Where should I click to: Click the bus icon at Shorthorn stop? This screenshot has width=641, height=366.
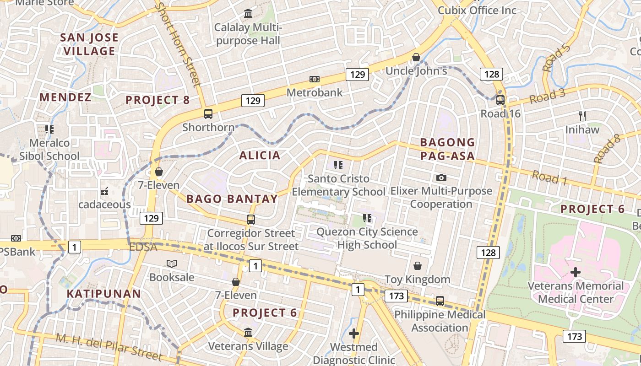pos(208,114)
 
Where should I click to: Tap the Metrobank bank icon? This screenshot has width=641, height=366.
pos(315,79)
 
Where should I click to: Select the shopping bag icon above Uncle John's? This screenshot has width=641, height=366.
pos(416,57)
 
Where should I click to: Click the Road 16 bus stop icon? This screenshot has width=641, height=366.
pos(500,100)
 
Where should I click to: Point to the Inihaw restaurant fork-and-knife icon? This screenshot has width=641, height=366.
pos(582,116)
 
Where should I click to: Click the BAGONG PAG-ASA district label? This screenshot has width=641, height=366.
pos(447,149)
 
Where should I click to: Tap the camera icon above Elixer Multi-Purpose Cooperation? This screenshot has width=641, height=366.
pos(441,178)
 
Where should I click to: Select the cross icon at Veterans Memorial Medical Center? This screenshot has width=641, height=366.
pos(576,273)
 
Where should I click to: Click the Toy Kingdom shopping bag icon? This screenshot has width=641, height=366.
pos(418,266)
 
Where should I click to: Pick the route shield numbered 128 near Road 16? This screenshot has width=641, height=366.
pos(491,74)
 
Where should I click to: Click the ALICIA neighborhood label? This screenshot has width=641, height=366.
pos(260,156)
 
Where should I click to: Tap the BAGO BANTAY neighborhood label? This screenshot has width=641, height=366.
pos(232,199)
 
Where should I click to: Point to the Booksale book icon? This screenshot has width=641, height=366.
pos(172,264)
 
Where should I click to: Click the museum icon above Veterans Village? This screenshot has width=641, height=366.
pos(248,333)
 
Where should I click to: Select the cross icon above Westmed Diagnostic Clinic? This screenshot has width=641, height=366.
pos(353,334)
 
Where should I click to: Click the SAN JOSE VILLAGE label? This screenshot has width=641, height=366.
pos(89,44)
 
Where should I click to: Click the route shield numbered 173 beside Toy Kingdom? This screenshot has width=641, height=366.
pos(396,296)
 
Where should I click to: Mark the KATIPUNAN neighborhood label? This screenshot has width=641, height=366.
pos(104,294)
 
